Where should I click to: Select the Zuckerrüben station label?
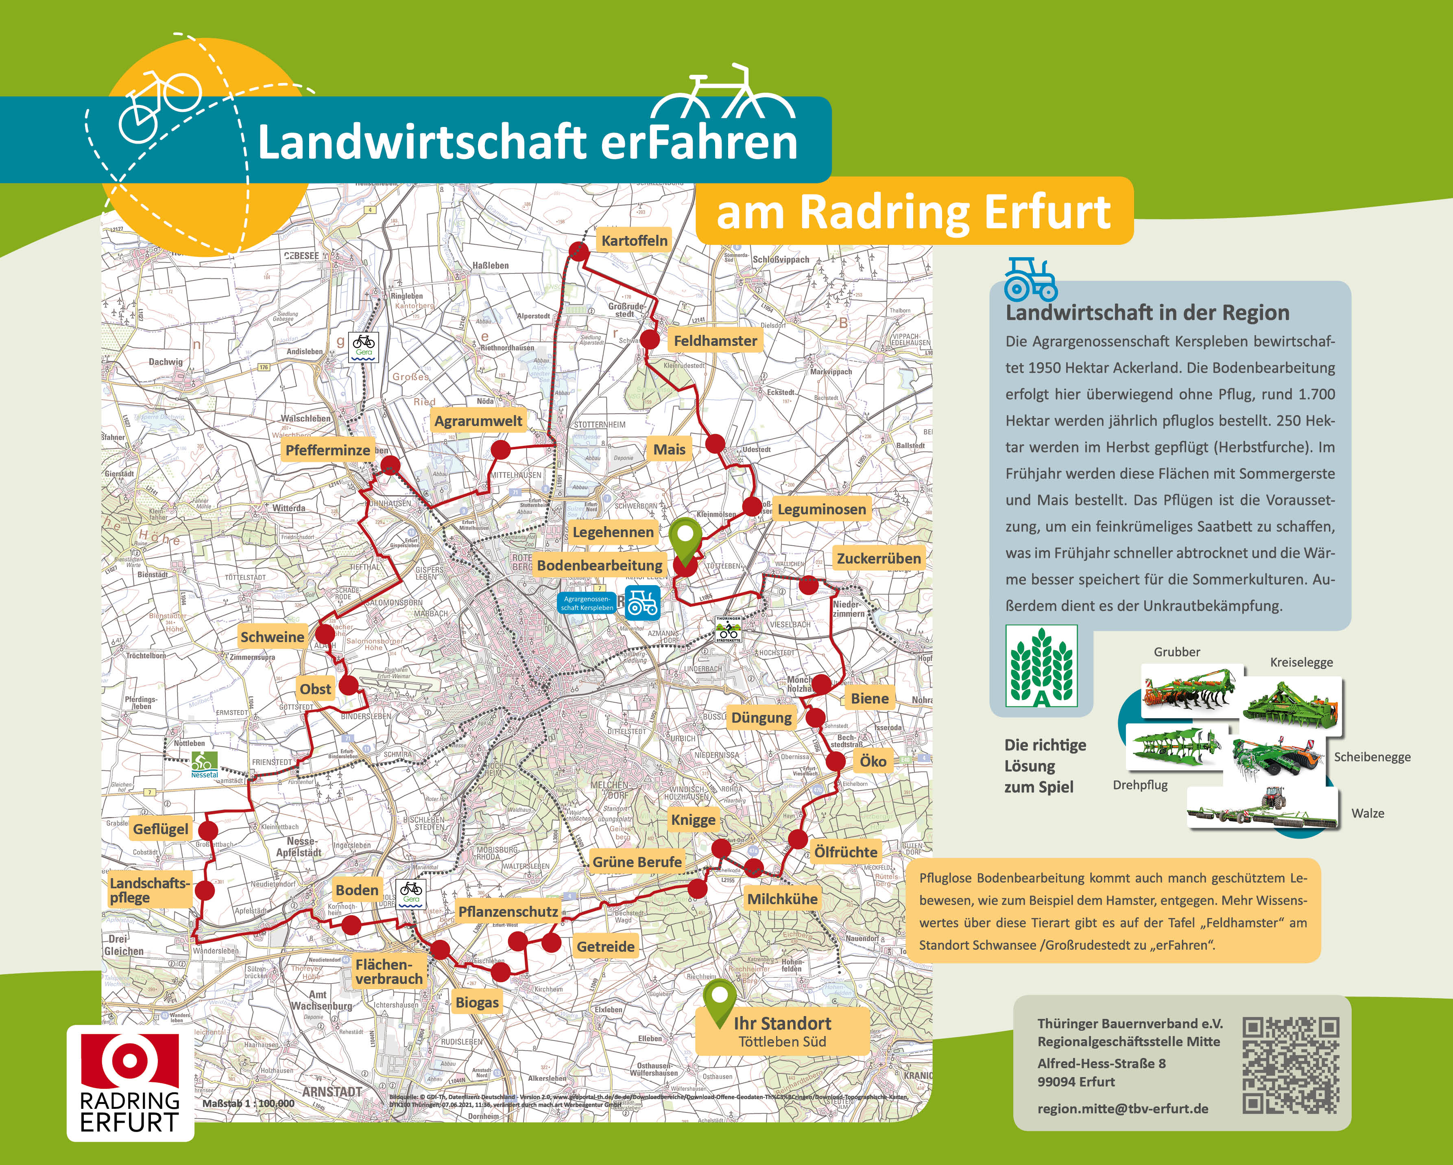(878, 558)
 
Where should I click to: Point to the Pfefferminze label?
(327, 450)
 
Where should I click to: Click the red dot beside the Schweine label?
(325, 634)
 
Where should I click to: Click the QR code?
(1290, 1065)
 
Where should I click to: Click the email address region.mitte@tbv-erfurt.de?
(1122, 1109)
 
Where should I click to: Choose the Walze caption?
(1368, 813)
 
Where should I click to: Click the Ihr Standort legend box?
(782, 1031)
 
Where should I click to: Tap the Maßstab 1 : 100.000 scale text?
(248, 1104)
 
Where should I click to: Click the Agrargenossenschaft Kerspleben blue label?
(587, 603)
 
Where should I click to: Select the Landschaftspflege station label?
(150, 890)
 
